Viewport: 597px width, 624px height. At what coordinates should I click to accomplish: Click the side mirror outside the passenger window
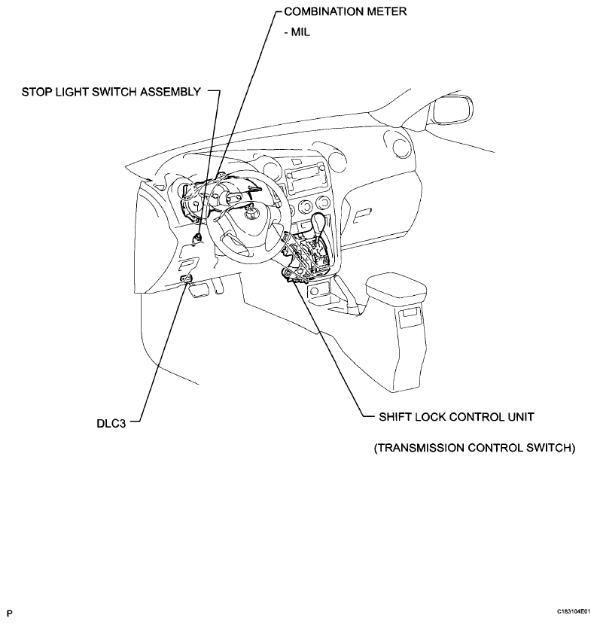[453, 110]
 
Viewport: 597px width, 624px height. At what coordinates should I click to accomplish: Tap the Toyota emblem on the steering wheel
[249, 215]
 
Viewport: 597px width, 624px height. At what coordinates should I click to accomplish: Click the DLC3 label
[111, 424]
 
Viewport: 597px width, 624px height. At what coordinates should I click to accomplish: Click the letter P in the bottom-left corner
[10, 613]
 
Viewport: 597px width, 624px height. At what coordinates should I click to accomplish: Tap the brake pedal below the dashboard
[198, 290]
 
